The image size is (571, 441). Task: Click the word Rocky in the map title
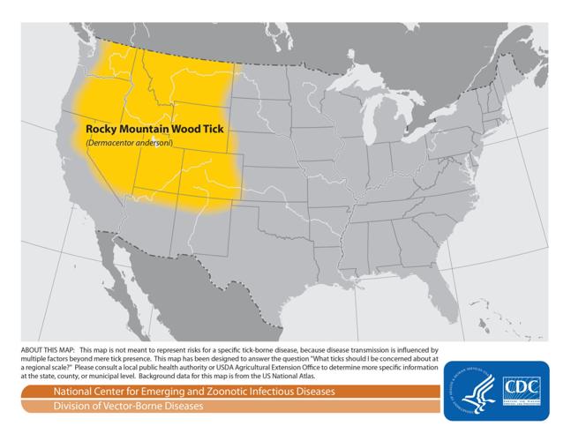pyautogui.click(x=101, y=129)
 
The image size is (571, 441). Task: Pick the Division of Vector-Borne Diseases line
pyautogui.click(x=128, y=406)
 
